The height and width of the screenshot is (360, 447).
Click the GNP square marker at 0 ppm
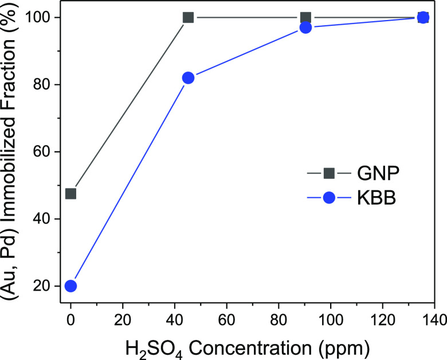click(x=70, y=194)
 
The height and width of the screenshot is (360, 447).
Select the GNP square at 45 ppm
click(x=188, y=17)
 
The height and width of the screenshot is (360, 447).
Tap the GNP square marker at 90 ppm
click(x=305, y=17)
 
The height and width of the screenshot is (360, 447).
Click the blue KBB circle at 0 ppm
click(x=70, y=286)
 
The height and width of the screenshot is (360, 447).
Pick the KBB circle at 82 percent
click(x=188, y=78)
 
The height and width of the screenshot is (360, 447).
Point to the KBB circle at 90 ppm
click(x=305, y=28)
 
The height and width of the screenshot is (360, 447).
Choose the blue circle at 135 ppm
click(x=423, y=17)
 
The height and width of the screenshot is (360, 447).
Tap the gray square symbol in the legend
click(x=330, y=172)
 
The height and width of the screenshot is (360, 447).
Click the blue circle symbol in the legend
click(x=330, y=198)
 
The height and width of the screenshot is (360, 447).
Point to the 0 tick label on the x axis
click(x=70, y=318)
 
